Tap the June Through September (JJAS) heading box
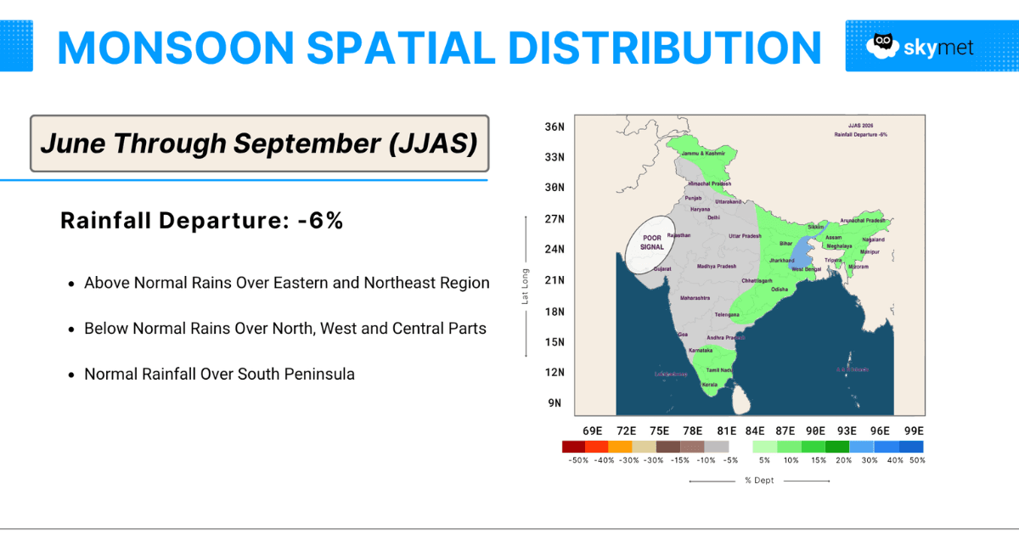pos(259,144)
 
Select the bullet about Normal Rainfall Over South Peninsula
pos(219,374)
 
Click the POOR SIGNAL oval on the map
pos(652,244)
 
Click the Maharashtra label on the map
pos(695,298)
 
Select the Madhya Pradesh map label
pos(717,267)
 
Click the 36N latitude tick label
pos(555,127)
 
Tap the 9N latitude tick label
pos(555,403)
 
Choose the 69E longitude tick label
pos(592,431)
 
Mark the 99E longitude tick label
pos(914,431)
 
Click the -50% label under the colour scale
pos(577,460)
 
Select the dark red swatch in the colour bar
pos(573,446)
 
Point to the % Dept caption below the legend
pos(759,481)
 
